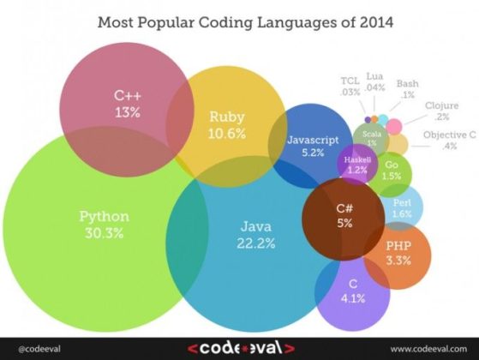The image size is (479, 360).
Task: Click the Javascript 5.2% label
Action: [306, 145]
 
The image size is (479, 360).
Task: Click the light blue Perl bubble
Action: [401, 207]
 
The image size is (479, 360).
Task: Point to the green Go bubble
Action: [392, 170]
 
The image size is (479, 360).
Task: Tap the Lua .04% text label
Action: [374, 81]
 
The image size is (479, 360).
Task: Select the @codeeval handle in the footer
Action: [31, 349]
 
